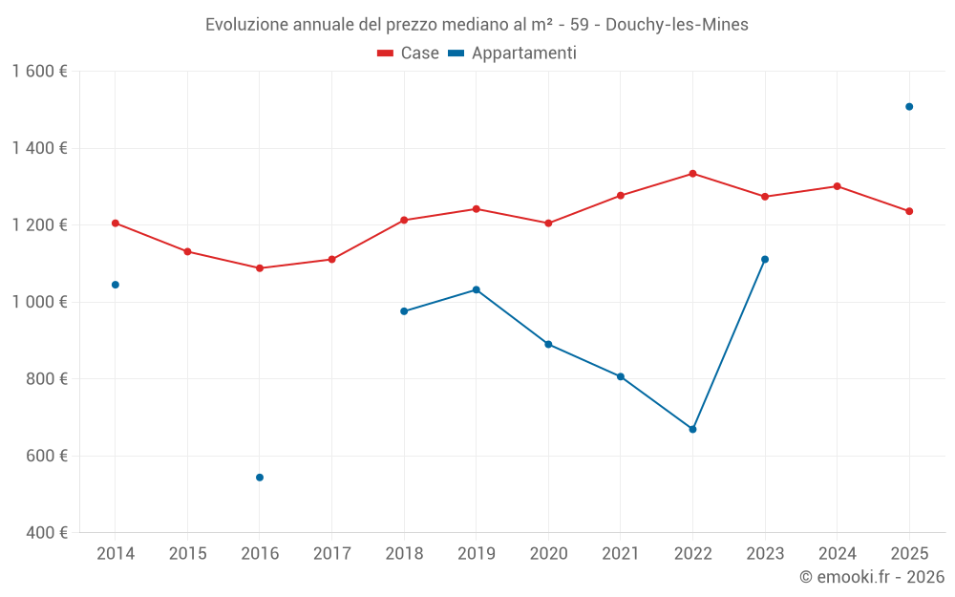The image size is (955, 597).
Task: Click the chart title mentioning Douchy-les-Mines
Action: click(477, 25)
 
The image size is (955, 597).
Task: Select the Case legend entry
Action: click(409, 53)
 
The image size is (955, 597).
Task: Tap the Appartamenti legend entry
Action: click(513, 53)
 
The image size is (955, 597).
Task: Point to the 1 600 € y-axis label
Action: click(39, 72)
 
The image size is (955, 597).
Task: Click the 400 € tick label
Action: click(47, 533)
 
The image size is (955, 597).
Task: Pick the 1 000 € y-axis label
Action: click(39, 302)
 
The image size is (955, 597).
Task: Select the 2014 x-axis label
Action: click(116, 554)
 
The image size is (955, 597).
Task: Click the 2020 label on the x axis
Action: click(548, 554)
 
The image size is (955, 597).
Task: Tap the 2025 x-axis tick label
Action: click(909, 554)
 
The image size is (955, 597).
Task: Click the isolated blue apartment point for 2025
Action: click(909, 107)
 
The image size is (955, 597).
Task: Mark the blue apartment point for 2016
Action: click(260, 478)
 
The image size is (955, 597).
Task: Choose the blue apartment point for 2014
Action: click(116, 285)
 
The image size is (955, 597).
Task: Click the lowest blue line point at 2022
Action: click(692, 429)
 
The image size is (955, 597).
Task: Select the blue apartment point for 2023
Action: click(765, 259)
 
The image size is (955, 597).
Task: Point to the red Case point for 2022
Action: click(692, 174)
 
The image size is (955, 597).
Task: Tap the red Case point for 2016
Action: click(260, 268)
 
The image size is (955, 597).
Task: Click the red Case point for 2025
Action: click(909, 211)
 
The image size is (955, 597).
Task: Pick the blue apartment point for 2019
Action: click(477, 289)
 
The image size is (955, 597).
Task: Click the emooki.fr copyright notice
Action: click(871, 577)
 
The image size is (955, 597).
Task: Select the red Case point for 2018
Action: click(404, 221)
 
